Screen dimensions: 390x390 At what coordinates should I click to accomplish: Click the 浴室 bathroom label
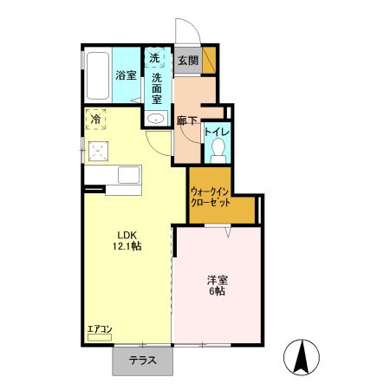point(127,75)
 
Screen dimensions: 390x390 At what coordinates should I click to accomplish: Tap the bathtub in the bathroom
point(98,75)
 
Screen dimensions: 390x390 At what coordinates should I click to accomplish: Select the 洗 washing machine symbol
point(154,58)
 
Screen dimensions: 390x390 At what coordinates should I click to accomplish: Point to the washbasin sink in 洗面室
point(156,118)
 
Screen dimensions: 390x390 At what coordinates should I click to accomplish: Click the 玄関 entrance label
point(188,61)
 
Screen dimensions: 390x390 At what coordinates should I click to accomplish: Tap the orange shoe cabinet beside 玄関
point(209,60)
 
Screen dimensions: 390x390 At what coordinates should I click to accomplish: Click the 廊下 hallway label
point(187,120)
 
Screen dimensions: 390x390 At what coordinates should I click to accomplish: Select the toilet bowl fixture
point(218,150)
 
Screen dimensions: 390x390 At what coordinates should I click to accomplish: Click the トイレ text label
point(217,132)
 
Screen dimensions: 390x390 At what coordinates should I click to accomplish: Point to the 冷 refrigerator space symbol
point(95,119)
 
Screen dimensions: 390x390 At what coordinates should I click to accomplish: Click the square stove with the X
point(98,151)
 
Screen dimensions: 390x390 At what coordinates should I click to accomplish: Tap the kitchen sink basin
point(129,175)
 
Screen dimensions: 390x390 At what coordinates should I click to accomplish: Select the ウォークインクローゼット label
point(210,197)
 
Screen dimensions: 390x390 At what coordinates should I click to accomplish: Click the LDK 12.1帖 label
point(127,240)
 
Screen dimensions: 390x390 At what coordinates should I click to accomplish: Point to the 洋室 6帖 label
point(218,285)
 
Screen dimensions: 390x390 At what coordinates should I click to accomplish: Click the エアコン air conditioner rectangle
point(100,337)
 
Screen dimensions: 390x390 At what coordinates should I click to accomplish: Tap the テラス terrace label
point(143,361)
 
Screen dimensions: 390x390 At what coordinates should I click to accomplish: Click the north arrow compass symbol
point(302,356)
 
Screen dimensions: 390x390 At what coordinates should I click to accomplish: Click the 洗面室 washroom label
point(157,88)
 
